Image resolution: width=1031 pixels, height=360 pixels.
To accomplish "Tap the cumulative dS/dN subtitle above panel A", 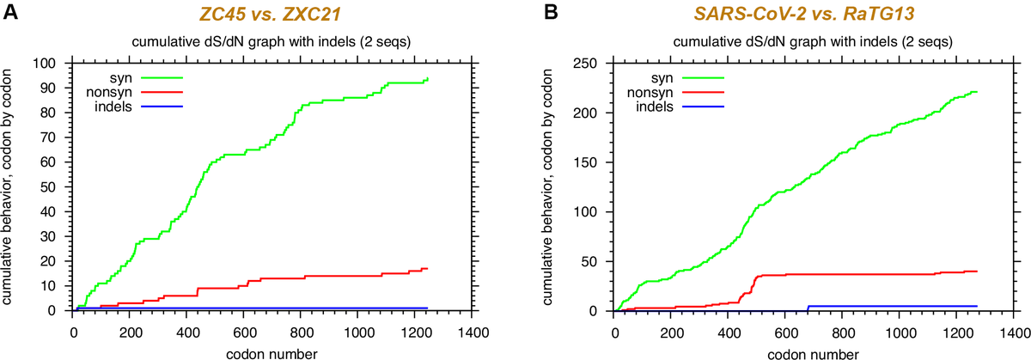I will pyautogui.click(x=271, y=43).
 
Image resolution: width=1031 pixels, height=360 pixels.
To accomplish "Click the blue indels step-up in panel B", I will pyautogui.click(x=808, y=308).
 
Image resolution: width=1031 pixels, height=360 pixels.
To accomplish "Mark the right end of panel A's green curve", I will pyautogui.click(x=427, y=79).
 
